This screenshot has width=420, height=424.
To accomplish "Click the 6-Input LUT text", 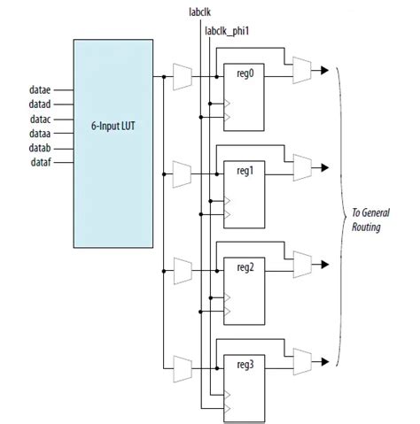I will (113, 126).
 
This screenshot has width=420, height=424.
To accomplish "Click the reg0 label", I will (244, 74).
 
